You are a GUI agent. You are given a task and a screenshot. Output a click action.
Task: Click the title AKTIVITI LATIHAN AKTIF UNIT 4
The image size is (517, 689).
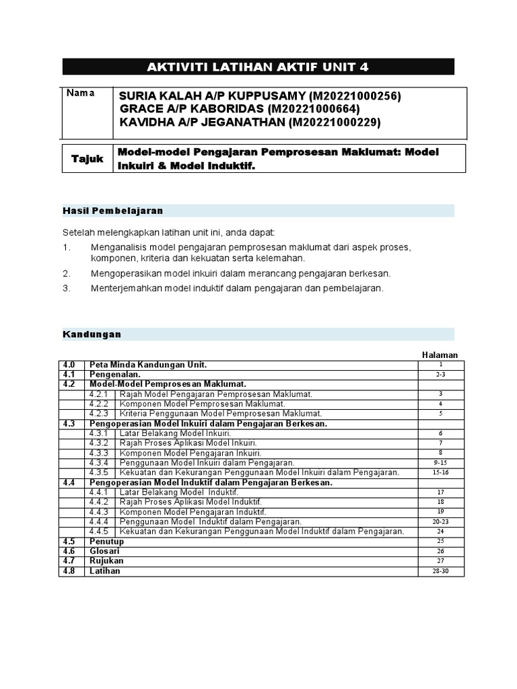[258, 67]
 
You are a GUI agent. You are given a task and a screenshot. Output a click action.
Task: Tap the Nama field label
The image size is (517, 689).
[80, 93]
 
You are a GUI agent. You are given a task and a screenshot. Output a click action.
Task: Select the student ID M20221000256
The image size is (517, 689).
[355, 96]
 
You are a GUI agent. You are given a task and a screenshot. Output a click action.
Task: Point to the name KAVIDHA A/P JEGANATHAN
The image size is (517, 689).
[202, 122]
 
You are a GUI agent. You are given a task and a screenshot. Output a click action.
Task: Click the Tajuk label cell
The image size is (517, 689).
[88, 159]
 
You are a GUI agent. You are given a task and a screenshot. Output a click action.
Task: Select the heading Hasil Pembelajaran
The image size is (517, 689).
[112, 211]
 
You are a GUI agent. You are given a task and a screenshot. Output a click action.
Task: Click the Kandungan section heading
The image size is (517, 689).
[92, 334]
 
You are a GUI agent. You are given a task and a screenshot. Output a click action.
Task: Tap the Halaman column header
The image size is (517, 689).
[440, 355]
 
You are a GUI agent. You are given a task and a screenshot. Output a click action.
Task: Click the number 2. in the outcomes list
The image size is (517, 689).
[67, 274]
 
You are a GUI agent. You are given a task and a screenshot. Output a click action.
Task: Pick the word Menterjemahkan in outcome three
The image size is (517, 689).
[126, 288]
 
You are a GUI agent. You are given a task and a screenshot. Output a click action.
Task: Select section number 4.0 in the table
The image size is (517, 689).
[69, 365]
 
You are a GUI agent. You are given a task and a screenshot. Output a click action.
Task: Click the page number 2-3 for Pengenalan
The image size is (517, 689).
[441, 374]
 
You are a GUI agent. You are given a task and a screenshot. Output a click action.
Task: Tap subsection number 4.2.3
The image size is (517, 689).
[100, 413]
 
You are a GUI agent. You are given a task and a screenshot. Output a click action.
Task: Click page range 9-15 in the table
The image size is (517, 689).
[441, 463]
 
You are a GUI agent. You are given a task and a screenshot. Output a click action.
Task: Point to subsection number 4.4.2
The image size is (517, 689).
[100, 502]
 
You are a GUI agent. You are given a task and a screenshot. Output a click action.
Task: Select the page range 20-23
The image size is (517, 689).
[441, 521]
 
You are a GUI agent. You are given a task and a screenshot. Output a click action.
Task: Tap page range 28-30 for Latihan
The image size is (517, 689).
[441, 571]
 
